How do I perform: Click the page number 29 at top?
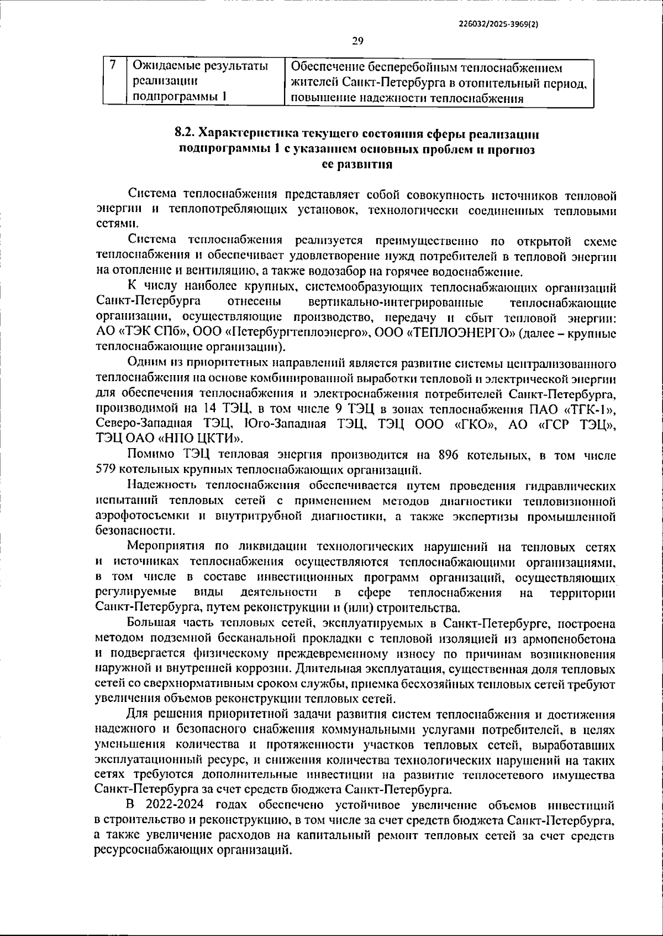[x=357, y=40]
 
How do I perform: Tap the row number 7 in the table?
[x=113, y=65]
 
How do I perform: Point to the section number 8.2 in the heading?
[x=185, y=133]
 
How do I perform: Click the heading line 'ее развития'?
[x=357, y=164]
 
